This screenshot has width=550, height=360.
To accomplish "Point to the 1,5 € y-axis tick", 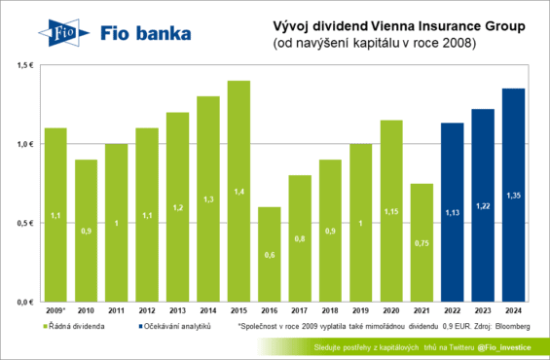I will point(23,64).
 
